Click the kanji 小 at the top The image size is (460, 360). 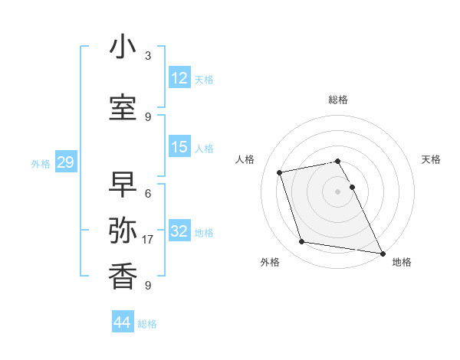[123, 47]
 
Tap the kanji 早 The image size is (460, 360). [123, 182]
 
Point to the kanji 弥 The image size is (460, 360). [123, 229]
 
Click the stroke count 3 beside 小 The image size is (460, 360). [148, 56]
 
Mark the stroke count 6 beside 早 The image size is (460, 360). [148, 193]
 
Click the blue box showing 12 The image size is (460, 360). [179, 78]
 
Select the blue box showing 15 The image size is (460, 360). [179, 147]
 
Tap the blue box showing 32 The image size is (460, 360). [179, 231]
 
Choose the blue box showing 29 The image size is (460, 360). [65, 162]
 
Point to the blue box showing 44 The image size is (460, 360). [122, 322]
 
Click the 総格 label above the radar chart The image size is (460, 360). [338, 100]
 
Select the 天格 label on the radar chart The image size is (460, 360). [431, 159]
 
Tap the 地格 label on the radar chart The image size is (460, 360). [402, 262]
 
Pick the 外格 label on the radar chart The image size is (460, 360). [270, 262]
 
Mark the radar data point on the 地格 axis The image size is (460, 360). [382, 252]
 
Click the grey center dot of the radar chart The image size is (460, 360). [337, 191]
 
